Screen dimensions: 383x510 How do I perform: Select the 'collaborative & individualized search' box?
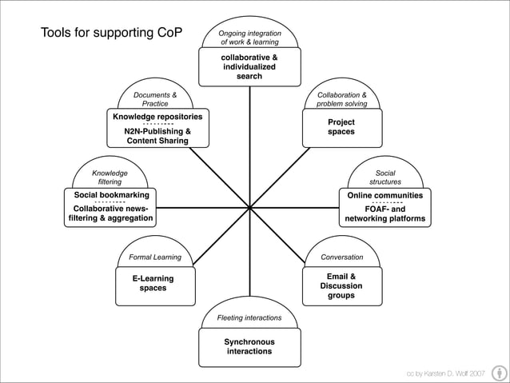point(249,67)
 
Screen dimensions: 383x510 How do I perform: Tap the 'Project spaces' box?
point(341,127)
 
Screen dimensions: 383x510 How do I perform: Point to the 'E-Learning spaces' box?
point(153,283)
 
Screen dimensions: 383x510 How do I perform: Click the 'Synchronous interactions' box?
point(249,347)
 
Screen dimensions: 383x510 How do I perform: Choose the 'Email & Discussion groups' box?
point(341,286)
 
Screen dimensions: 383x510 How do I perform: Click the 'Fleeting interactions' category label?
point(249,317)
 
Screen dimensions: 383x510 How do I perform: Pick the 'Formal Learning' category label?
point(155,257)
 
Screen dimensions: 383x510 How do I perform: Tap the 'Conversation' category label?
point(341,257)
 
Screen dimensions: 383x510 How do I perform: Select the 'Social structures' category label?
point(384,177)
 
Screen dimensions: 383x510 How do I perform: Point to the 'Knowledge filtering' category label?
point(110,177)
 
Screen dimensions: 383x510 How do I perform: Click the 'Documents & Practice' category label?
point(155,99)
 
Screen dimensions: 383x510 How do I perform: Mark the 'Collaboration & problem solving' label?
point(341,99)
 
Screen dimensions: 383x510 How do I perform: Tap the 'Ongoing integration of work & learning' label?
point(249,38)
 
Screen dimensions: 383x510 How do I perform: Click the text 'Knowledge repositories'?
point(157,117)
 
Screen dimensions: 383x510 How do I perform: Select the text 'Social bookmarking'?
point(110,194)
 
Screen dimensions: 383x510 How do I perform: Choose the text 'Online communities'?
point(384,194)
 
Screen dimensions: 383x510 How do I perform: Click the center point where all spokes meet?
point(249,208)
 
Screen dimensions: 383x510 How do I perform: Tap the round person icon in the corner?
point(497,373)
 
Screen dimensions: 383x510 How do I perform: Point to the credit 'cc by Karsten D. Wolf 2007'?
point(445,373)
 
